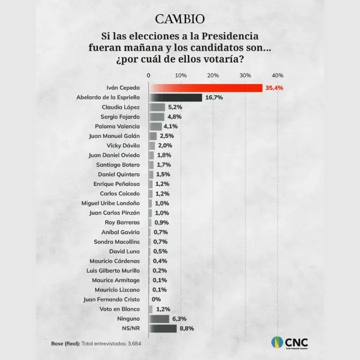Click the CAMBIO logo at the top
pos(179,19)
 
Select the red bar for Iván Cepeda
pos(205,88)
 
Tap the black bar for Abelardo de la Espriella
pos(175,97)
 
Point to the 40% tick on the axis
pos(277,75)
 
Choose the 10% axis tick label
pos(180,75)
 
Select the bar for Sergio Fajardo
pos(156,116)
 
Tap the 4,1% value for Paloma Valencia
pos(170,126)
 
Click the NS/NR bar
pos(162,328)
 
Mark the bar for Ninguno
pos(158,318)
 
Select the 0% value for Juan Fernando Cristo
pos(156,299)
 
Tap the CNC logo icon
pos(277,343)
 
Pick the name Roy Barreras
pos(122,222)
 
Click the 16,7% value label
pos(213,97)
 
